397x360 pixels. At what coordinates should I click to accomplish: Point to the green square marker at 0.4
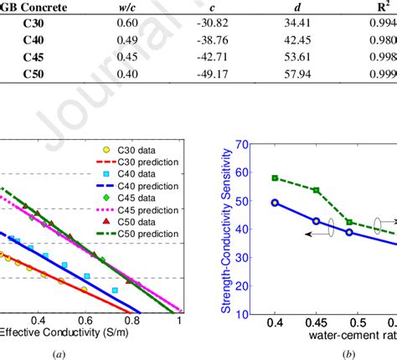coord(275,178)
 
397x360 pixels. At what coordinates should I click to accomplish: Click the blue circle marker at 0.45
coord(317,221)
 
